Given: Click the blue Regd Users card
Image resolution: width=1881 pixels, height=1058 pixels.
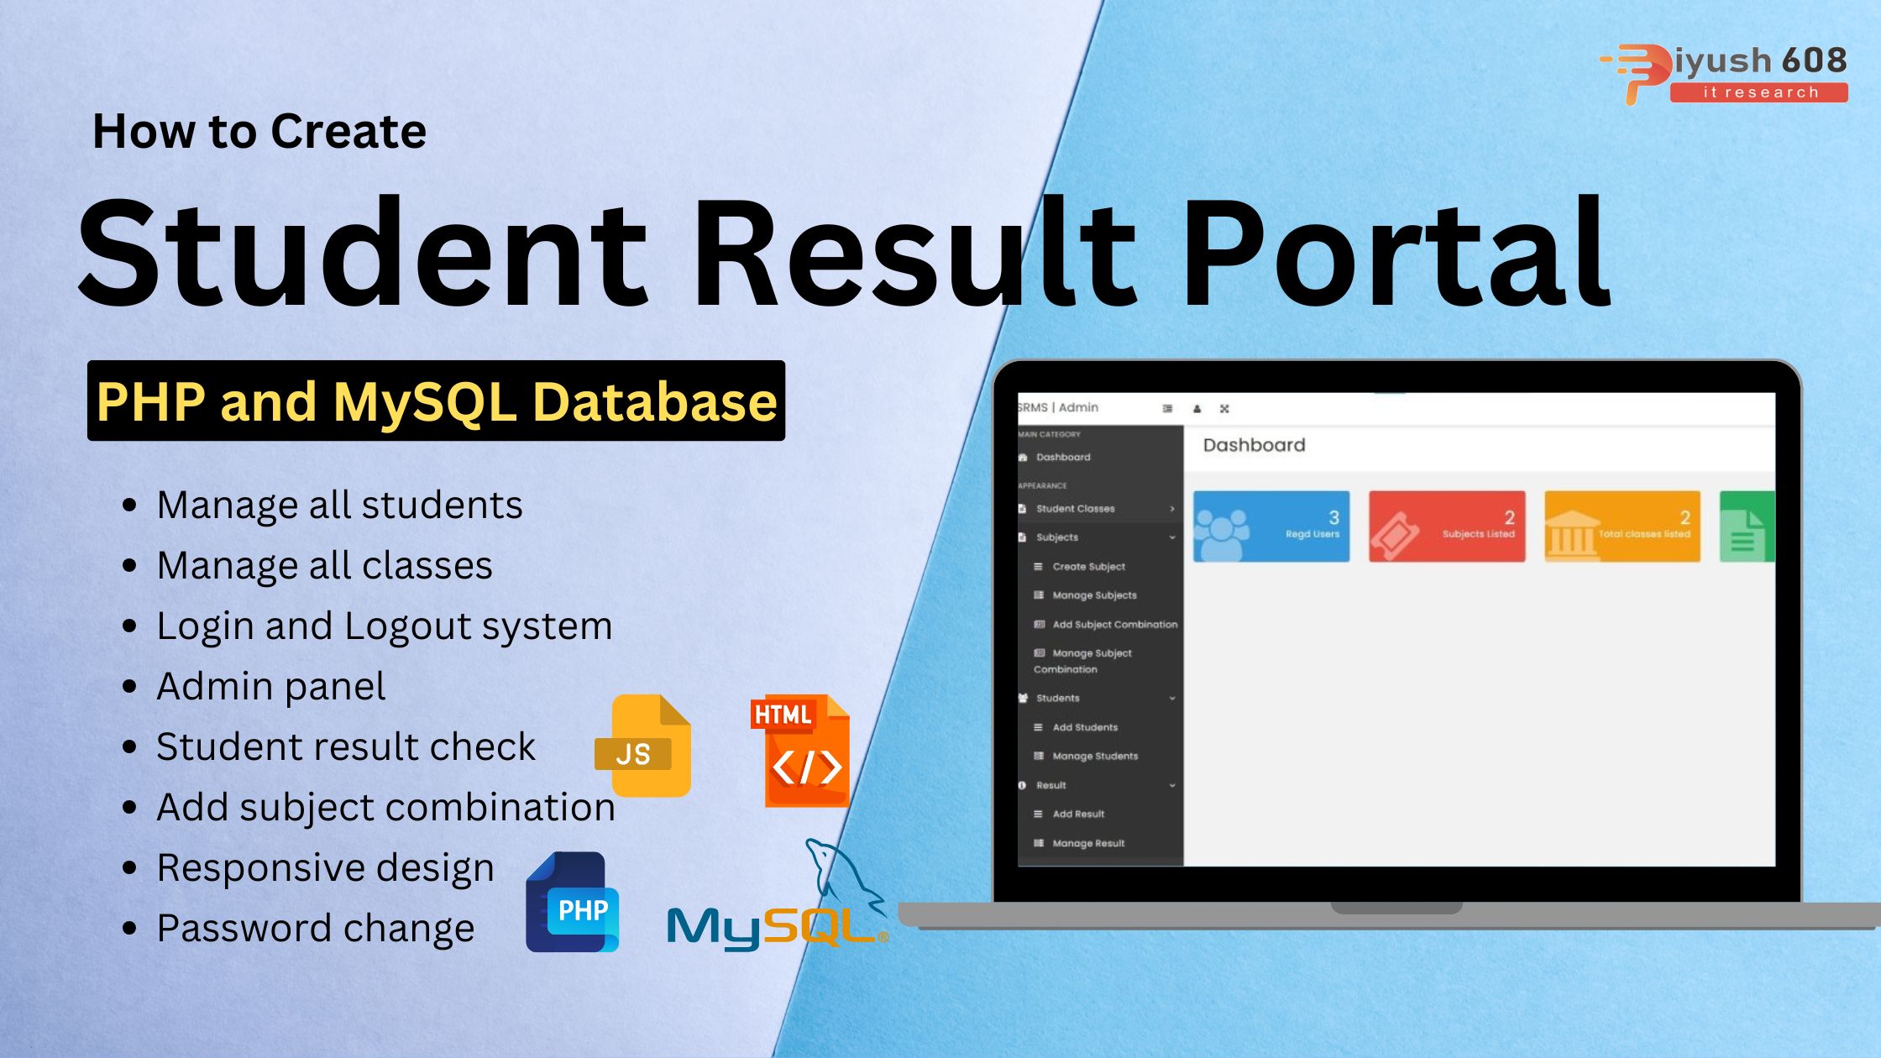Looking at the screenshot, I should (1271, 526).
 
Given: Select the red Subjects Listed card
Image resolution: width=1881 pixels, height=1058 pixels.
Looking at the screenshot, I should (1446, 526).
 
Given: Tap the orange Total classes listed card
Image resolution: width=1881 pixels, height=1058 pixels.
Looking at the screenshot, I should (1622, 526).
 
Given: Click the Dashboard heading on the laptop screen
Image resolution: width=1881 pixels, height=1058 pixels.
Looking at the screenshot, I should (1254, 445).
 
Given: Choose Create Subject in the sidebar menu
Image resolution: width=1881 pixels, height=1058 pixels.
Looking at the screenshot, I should (1088, 567).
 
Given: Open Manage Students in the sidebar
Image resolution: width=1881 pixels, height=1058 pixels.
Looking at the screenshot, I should (1095, 757).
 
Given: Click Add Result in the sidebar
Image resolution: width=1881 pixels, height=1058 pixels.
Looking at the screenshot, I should (1078, 814).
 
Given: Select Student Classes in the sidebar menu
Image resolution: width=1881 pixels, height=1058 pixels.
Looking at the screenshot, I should (1075, 509).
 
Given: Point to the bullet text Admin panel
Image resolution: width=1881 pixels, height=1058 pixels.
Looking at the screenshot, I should (270, 686).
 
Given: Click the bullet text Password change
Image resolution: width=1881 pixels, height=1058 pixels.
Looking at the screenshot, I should (315, 928).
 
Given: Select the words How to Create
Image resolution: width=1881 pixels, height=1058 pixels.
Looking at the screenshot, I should (259, 131).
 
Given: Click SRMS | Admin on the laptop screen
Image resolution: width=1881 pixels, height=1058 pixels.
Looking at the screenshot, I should (1058, 407).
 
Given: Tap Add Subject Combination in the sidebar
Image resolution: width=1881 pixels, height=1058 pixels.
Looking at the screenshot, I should (1114, 625).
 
